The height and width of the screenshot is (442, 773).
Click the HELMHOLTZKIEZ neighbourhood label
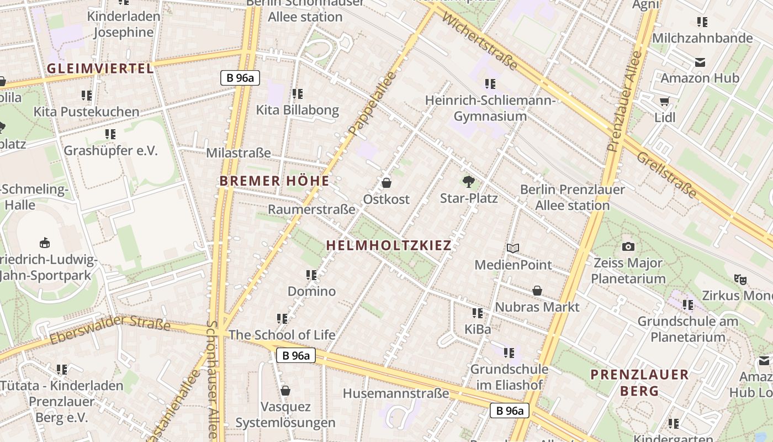pos(389,245)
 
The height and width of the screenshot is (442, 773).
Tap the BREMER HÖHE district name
pos(274,181)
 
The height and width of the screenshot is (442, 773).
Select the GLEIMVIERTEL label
pos(100,69)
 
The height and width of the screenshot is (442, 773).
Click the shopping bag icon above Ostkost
pos(386,182)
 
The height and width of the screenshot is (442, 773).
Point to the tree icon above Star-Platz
pos(468,181)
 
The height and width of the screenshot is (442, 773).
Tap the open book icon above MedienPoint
pos(513,249)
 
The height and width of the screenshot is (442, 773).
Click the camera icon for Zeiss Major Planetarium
pos(628,246)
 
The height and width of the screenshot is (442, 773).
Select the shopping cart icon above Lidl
pos(664,101)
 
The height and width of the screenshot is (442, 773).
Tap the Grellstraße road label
pos(667,175)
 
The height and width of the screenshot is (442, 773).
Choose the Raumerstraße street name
pos(311,209)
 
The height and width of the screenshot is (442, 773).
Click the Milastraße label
pos(239,152)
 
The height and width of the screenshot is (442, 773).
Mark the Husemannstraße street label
pos(396,393)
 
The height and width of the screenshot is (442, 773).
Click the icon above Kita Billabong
pos(297,94)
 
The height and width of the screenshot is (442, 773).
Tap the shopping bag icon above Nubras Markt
pos(537,291)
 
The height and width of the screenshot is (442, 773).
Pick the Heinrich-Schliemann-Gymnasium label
pos(490,108)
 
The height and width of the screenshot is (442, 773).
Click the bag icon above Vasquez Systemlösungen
pos(285,391)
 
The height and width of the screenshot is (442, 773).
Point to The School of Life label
pos(282,335)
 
